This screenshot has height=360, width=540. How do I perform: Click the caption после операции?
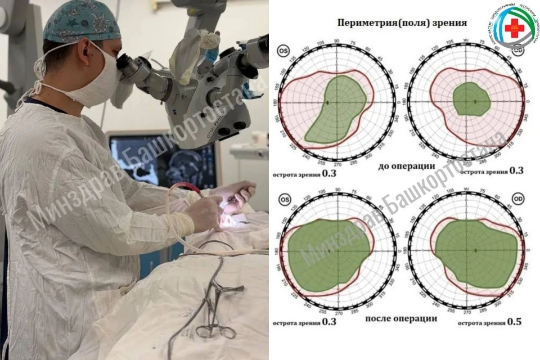[401, 318]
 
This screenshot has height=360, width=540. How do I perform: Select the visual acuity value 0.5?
[514, 322]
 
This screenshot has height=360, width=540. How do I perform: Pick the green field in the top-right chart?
[471, 100]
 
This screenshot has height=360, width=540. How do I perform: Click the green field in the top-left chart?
[335, 107]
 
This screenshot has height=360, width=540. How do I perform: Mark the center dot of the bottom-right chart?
[475, 250]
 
